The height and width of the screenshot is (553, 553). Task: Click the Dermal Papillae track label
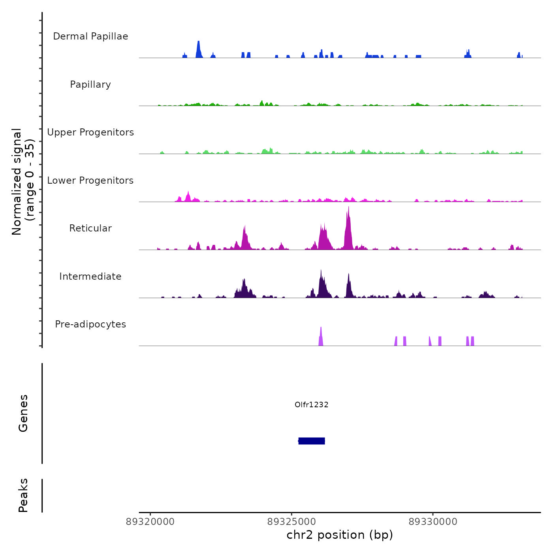click(90, 36)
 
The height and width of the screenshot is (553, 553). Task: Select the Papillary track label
click(90, 85)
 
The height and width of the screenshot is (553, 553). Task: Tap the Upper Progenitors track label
click(90, 132)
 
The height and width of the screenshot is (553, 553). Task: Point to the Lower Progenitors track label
click(90, 181)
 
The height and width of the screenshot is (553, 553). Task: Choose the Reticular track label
click(90, 228)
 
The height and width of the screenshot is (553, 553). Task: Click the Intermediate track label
click(90, 276)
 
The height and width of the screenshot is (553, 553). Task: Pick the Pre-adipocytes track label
click(90, 324)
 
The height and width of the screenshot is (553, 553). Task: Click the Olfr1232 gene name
click(312, 404)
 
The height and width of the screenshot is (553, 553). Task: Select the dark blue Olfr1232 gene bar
click(312, 441)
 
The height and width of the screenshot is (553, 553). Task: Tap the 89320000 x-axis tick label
click(150, 522)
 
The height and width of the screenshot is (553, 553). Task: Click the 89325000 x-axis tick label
click(292, 522)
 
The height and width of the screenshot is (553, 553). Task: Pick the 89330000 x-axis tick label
click(433, 522)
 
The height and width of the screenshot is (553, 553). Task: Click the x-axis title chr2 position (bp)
click(340, 535)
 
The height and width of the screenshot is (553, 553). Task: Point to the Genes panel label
click(23, 413)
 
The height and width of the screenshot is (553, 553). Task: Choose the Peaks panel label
click(23, 495)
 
